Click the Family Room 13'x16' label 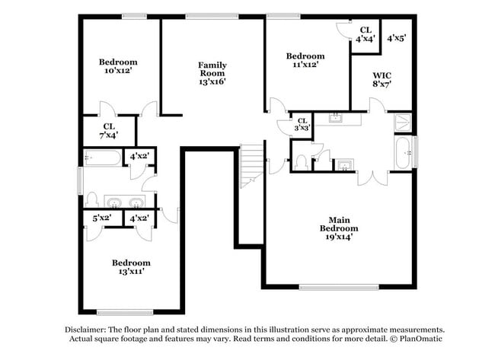(x=212, y=73)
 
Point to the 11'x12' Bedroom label (x=305, y=61)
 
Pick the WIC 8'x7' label (x=382, y=80)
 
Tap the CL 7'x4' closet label (x=110, y=131)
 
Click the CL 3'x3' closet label (x=302, y=124)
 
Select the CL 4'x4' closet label (x=366, y=34)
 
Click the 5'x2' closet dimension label (x=102, y=218)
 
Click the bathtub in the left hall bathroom (x=103, y=159)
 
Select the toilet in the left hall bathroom (x=91, y=199)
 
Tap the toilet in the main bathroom (x=302, y=162)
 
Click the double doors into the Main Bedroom (x=371, y=178)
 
